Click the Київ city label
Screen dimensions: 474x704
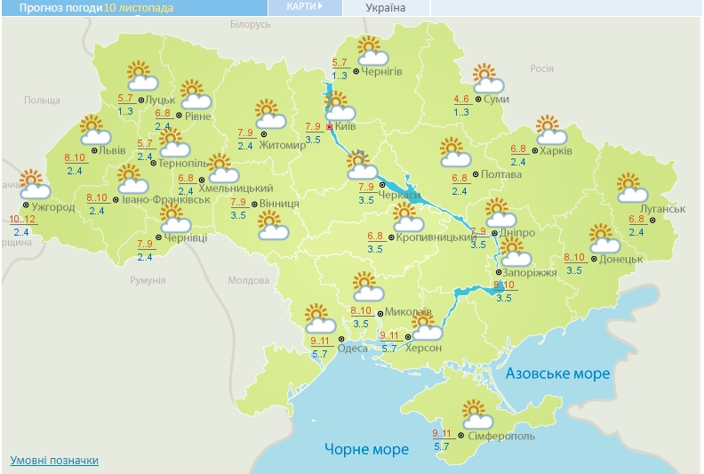346,127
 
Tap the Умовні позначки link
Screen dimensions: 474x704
54,461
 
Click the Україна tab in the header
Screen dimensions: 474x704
385,8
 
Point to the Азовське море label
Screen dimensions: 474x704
557,374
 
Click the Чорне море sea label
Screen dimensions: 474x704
366,449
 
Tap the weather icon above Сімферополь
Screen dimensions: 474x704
477,414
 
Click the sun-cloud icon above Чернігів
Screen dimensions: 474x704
370,49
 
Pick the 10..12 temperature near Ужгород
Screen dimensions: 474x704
22,219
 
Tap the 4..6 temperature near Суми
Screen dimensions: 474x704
461,99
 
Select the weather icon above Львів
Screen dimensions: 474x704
94,131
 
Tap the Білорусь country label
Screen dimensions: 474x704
249,24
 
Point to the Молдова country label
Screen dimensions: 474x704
248,280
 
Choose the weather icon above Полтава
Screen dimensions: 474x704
454,153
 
